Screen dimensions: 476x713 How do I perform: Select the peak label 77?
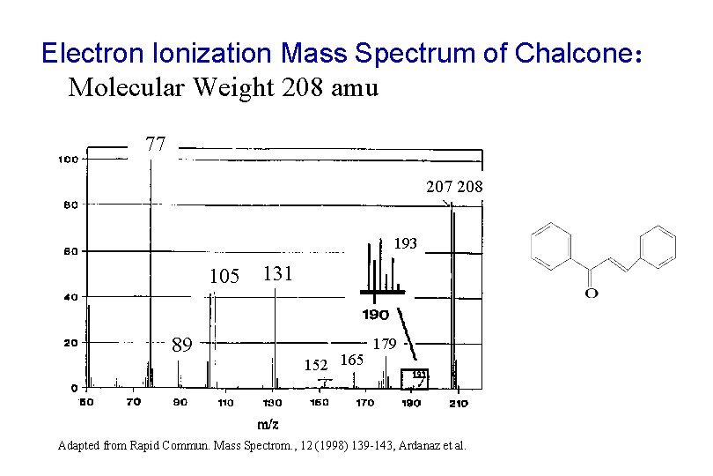point(156,144)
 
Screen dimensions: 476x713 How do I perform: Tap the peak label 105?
point(224,277)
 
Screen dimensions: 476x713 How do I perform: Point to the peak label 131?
point(277,274)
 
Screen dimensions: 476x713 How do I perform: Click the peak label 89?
point(182,345)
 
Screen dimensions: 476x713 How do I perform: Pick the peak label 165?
point(351,359)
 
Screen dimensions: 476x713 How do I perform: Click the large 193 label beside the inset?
point(405,242)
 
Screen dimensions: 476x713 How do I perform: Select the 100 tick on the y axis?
point(69,160)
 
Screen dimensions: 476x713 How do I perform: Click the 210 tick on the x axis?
point(459,403)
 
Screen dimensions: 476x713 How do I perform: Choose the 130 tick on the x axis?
point(272,403)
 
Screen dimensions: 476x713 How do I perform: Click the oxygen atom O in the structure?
point(591,293)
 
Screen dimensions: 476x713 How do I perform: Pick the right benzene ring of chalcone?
point(657,244)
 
